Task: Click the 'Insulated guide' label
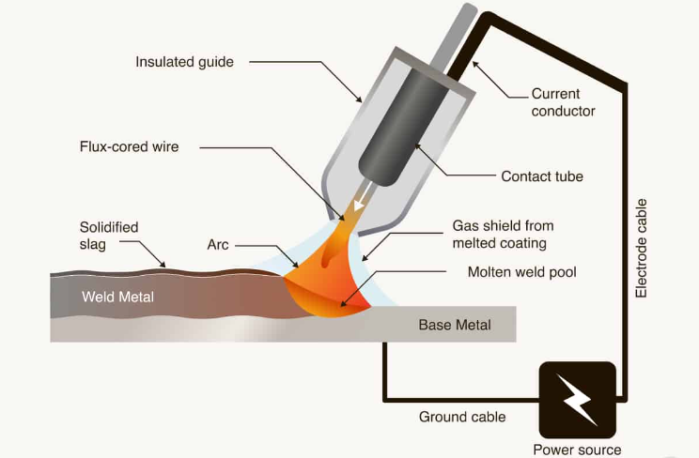point(184,63)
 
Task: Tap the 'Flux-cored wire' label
point(129,146)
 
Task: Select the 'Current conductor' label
point(564,102)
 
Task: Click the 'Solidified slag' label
point(109,236)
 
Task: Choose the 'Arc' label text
point(218,245)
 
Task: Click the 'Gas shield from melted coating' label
point(503,235)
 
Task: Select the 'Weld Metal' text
point(117,298)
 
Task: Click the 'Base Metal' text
point(454,325)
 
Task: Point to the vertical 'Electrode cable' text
point(642,249)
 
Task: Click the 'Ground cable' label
point(462,417)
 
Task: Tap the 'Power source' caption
point(577,449)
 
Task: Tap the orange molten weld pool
point(324,282)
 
